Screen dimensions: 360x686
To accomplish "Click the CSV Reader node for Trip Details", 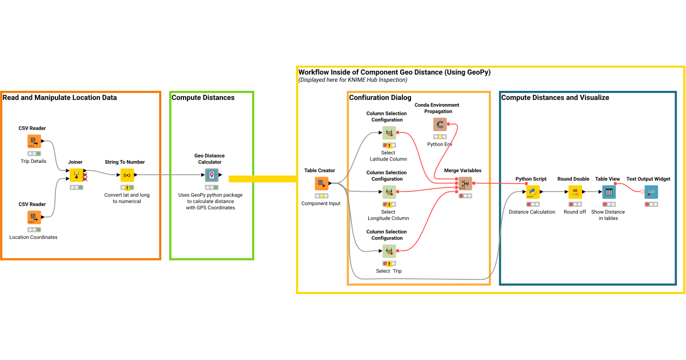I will [x=34, y=142].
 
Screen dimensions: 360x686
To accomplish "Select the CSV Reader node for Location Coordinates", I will [x=34, y=217].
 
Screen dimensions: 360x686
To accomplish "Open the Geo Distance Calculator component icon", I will [x=212, y=175].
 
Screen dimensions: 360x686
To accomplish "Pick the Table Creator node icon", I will [x=321, y=183].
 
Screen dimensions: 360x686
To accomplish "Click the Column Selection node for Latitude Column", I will [x=389, y=133].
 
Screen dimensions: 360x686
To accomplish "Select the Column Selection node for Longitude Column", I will [x=389, y=192].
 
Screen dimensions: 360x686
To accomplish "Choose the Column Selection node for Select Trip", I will [x=389, y=251].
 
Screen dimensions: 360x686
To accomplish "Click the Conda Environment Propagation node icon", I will [x=440, y=125].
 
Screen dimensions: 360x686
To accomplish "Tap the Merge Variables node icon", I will [x=465, y=183].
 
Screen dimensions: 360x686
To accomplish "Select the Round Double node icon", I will [x=575, y=192].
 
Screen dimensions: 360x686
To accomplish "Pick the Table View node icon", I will [x=608, y=192].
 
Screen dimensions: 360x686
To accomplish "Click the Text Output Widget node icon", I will [x=651, y=192].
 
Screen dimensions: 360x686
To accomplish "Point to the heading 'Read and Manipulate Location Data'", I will [x=59, y=98].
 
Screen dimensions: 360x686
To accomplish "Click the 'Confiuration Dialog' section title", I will [x=380, y=98].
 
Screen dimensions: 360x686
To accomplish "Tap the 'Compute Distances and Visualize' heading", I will [x=555, y=98].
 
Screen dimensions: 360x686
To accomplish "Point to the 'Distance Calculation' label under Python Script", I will [x=532, y=212].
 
